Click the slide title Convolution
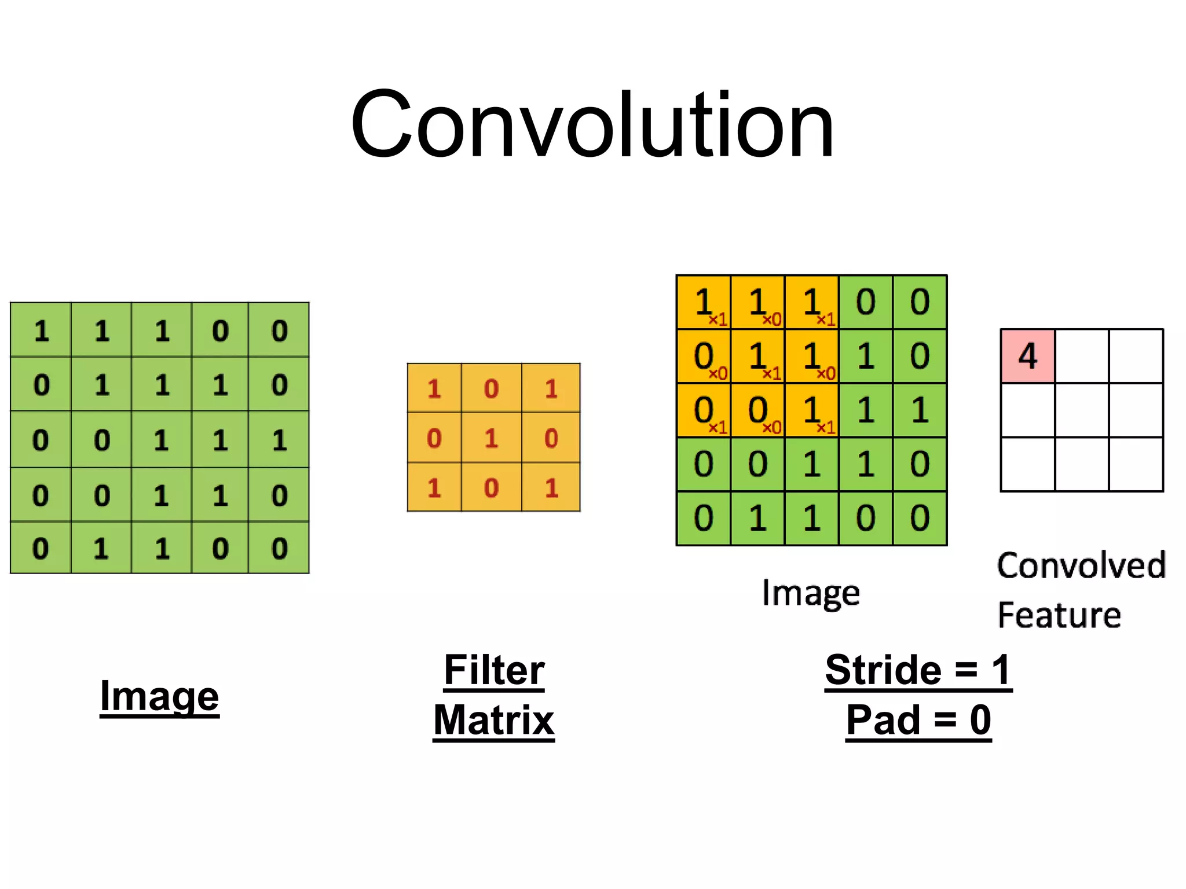[592, 124]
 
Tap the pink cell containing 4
[1028, 356]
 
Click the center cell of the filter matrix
[492, 438]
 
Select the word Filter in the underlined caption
[494, 670]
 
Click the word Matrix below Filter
[494, 721]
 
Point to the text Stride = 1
[918, 670]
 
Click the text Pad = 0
[918, 721]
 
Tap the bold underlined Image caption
[159, 696]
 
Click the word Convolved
[1081, 565]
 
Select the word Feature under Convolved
[1059, 615]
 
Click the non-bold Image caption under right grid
[811, 593]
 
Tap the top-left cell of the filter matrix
[434, 388]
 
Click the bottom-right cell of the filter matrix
[551, 488]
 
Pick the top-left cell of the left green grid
[41, 330]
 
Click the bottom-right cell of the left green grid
[279, 548]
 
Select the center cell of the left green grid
[162, 440]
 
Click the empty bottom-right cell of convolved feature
[1136, 464]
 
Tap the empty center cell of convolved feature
[1082, 410]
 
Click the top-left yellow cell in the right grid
[704, 302]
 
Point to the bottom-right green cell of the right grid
[920, 518]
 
